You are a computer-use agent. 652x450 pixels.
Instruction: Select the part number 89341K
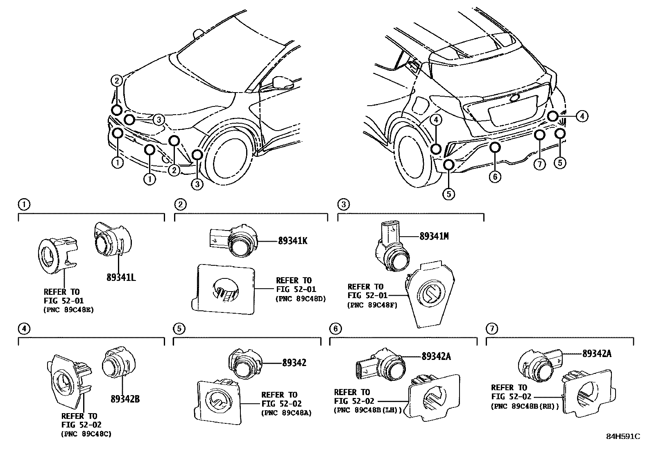click(x=292, y=241)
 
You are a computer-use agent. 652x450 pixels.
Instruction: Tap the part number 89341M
click(x=434, y=236)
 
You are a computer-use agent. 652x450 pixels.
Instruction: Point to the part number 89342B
click(x=125, y=398)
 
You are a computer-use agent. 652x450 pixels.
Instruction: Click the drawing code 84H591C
click(x=623, y=436)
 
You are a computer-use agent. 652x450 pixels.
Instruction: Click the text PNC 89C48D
click(x=301, y=298)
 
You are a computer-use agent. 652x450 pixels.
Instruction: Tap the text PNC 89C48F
click(x=372, y=305)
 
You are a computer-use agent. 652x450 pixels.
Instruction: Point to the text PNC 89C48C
click(x=86, y=434)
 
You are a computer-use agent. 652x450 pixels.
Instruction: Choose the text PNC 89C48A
click(x=286, y=413)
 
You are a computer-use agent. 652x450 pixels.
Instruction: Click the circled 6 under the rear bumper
click(x=495, y=177)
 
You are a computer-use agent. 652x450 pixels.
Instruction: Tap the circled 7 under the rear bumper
click(x=539, y=165)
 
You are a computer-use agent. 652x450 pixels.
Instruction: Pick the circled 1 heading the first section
click(x=24, y=204)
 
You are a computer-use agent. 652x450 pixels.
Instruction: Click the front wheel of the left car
click(x=232, y=161)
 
